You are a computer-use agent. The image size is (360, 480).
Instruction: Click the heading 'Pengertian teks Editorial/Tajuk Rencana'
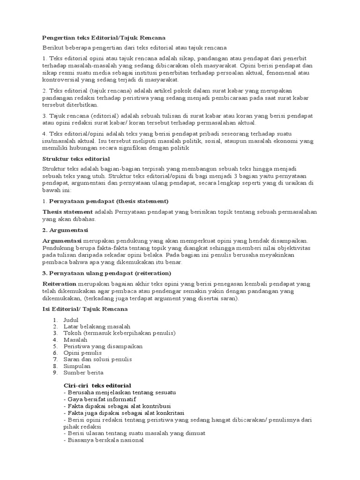[104, 37]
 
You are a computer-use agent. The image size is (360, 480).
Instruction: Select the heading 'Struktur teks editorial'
[76, 159]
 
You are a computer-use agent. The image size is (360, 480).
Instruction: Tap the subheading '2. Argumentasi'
[65, 230]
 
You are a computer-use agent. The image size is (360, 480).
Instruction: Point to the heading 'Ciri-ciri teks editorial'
[97, 385]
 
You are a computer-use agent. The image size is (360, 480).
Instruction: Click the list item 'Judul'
[74, 320]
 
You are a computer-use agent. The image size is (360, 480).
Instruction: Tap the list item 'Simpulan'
[77, 366]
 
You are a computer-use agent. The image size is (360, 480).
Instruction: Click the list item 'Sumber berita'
[83, 372]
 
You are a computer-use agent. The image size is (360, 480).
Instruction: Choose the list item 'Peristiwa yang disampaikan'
[103, 346]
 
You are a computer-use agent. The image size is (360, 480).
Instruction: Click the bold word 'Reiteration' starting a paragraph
[59, 284]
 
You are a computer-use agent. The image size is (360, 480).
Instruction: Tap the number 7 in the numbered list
[54, 359]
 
